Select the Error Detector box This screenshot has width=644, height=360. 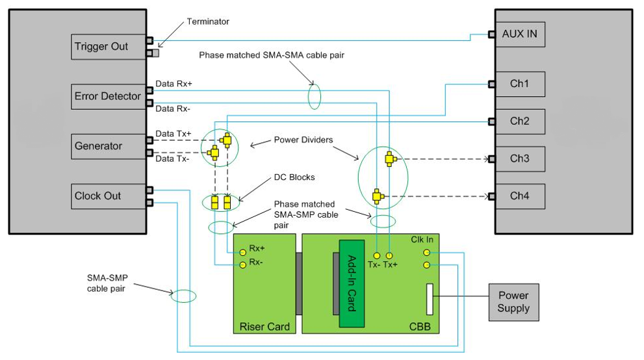tap(109, 96)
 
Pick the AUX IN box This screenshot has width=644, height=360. tap(520, 34)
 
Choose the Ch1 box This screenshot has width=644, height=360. tap(520, 84)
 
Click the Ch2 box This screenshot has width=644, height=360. tap(520, 122)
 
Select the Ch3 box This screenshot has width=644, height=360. tap(520, 159)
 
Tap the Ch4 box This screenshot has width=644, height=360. tap(520, 196)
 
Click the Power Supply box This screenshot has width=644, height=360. tap(514, 302)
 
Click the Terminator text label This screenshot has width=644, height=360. tap(207, 21)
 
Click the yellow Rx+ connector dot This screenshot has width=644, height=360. tap(242, 250)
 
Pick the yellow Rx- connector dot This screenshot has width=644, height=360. tap(242, 264)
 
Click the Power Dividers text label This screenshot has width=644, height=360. tap(302, 140)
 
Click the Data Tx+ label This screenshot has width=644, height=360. tap(174, 133)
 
